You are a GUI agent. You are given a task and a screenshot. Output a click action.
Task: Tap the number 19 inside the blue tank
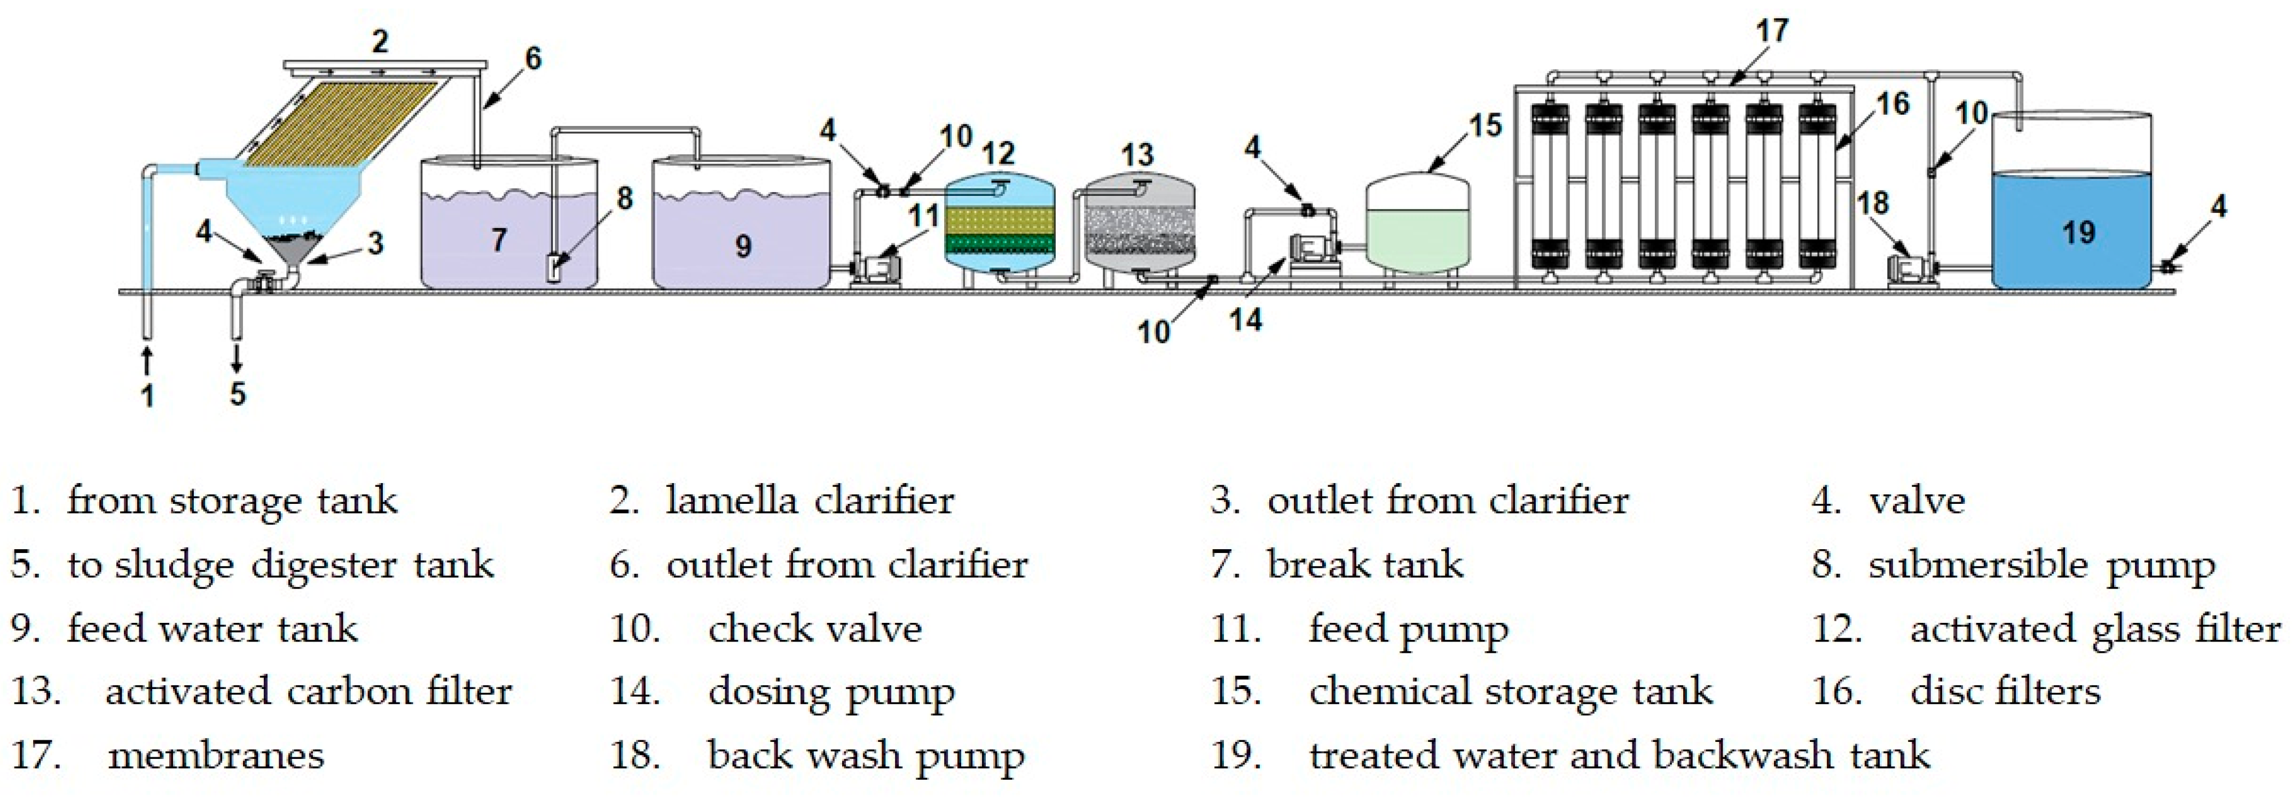point(2078,233)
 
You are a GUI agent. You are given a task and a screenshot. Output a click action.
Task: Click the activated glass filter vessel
point(999,227)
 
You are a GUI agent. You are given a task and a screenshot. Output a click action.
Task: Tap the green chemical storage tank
point(1417,231)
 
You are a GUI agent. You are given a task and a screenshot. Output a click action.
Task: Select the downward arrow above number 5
point(237,358)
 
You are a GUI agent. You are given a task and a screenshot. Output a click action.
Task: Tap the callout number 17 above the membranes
point(1771,31)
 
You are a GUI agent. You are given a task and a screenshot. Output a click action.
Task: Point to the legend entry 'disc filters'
point(2005,691)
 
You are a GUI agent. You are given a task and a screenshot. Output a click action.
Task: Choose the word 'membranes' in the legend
point(215,755)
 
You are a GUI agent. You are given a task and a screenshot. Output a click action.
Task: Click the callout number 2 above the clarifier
point(380,41)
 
